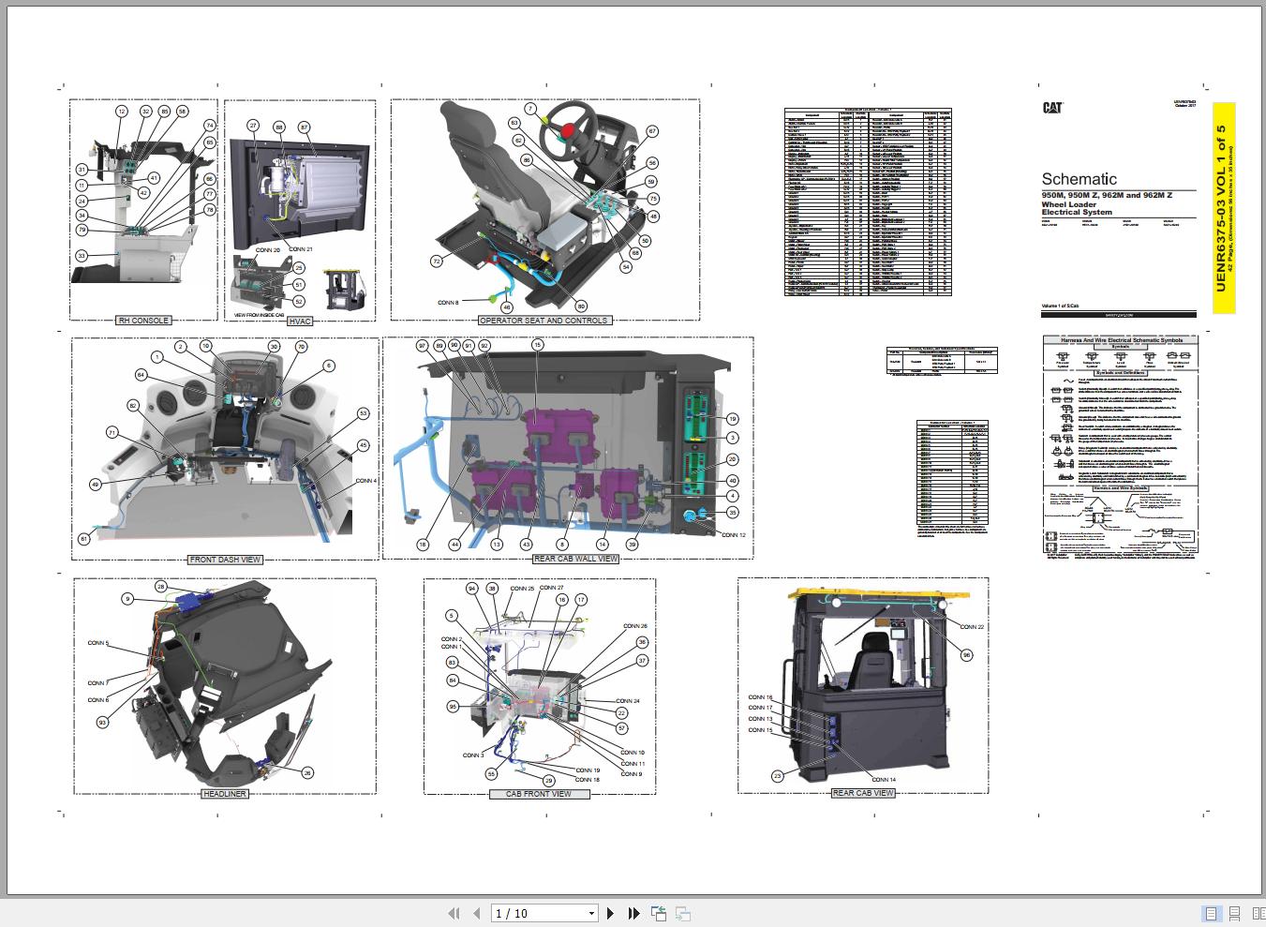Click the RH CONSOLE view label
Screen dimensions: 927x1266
coord(143,321)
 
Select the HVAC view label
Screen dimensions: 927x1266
coord(299,321)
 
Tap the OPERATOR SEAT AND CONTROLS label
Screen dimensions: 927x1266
coord(544,321)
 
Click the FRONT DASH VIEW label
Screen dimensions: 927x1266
coord(225,560)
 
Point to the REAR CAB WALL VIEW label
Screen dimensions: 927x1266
coord(575,559)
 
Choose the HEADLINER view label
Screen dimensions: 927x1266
coord(224,794)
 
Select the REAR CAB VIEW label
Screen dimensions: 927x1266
coord(863,793)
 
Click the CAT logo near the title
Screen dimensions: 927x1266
coord(1052,108)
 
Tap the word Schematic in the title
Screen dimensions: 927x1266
coord(1079,179)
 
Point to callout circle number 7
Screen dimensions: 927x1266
coord(529,110)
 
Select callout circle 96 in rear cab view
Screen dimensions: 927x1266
coord(967,655)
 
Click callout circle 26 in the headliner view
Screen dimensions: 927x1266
coord(307,773)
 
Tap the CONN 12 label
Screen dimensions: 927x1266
coord(733,535)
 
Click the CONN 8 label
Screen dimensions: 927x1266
coord(448,303)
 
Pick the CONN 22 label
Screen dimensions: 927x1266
coord(972,627)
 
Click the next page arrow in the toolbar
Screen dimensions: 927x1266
coord(611,913)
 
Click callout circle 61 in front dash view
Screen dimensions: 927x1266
coord(83,538)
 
